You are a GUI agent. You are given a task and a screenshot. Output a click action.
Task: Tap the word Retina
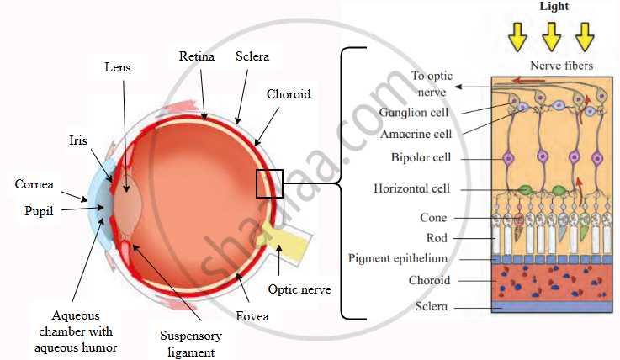coord(197,57)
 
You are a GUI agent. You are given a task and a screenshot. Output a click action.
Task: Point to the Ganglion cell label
coord(413,112)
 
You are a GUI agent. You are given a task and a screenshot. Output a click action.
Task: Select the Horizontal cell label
coord(412,188)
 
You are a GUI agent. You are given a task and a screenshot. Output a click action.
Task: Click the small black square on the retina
coord(269,183)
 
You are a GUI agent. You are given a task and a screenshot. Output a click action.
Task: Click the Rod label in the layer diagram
coord(437,238)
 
